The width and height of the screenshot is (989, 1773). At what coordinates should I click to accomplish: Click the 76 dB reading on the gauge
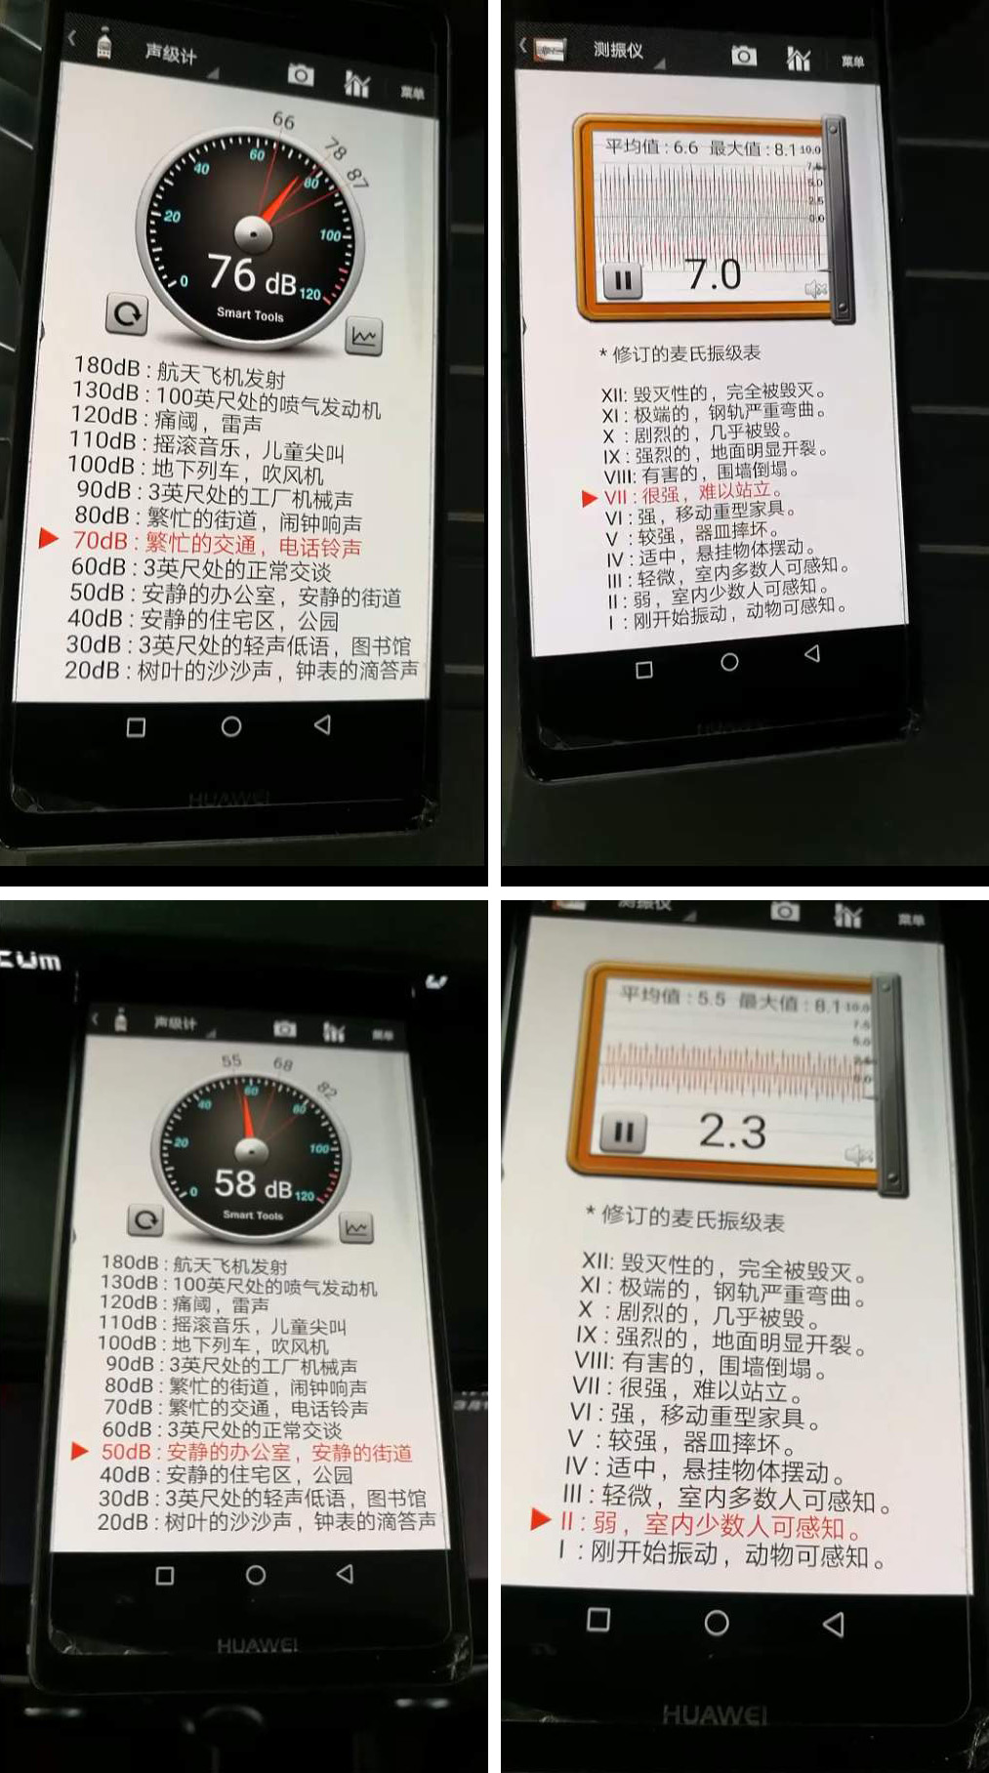(x=253, y=275)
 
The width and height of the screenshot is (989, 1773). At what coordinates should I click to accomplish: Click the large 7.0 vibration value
(x=714, y=275)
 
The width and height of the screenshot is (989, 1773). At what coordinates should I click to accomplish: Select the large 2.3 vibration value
(x=732, y=1132)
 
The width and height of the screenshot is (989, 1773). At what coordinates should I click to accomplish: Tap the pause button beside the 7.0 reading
(x=622, y=281)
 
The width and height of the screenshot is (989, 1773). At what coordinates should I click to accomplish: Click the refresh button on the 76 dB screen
(x=127, y=313)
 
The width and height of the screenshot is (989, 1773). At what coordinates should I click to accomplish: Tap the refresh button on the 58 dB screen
(x=145, y=1219)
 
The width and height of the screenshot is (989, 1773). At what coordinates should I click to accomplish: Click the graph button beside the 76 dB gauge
(x=363, y=337)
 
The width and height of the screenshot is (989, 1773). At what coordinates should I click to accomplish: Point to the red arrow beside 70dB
(x=48, y=538)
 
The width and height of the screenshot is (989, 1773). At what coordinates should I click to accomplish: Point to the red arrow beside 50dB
(x=80, y=1452)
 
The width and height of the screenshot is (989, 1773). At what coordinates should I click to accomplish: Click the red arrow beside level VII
(x=589, y=498)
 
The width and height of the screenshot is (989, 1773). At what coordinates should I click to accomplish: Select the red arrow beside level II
(x=539, y=1519)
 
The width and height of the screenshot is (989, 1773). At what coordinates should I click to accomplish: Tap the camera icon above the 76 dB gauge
(x=301, y=75)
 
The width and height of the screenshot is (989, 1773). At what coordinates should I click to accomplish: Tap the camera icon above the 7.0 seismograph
(x=744, y=56)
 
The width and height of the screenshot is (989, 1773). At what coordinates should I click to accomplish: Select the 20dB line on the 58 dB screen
(x=266, y=1521)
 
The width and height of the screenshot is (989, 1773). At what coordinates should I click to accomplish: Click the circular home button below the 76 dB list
(x=231, y=726)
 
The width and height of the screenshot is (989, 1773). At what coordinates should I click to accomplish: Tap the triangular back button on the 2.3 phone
(x=833, y=1623)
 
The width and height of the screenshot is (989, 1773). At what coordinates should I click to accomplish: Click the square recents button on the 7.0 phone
(x=643, y=670)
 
